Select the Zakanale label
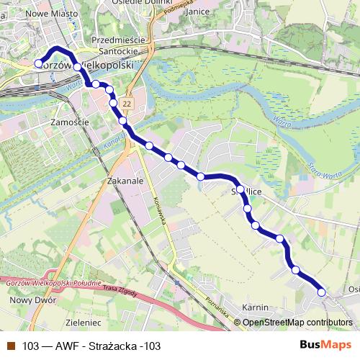tap(123, 181)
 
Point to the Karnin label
tap(256, 307)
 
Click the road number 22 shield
tap(127, 104)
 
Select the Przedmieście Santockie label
tap(118, 45)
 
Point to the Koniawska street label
tap(158, 210)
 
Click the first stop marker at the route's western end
tap(39, 63)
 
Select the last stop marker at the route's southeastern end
tap(321, 292)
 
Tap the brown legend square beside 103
tap(10, 346)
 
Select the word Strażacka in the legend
tap(117, 346)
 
